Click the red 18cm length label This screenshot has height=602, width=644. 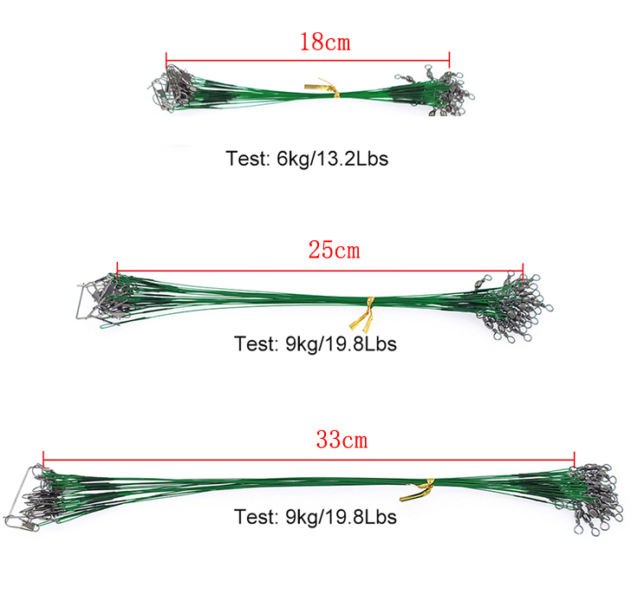click(x=325, y=41)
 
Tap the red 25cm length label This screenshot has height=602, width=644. click(x=334, y=251)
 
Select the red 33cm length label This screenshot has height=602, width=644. click(x=342, y=440)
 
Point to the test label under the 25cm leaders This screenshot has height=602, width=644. click(x=315, y=344)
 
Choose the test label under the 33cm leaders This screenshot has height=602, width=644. click(x=315, y=517)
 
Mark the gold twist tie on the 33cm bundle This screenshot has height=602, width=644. click(x=417, y=491)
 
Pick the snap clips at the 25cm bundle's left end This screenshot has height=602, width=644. click(x=100, y=299)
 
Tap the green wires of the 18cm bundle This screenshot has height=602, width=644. click(x=260, y=90)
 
